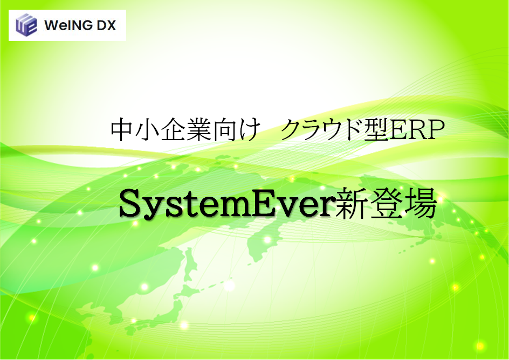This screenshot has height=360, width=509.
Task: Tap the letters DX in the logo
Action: pos(106,25)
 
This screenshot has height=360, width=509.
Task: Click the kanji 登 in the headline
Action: pos(384,205)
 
